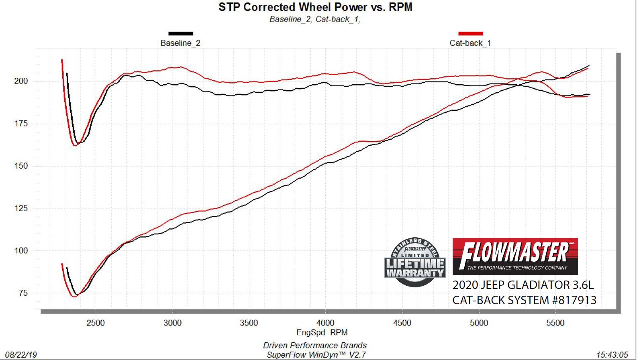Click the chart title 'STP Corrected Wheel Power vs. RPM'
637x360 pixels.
click(315, 7)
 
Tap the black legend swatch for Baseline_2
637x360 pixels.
click(180, 34)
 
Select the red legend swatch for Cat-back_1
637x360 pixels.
click(470, 34)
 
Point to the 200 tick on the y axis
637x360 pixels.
click(21, 81)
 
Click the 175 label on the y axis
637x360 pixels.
click(21, 124)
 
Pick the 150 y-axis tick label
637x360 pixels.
click(21, 166)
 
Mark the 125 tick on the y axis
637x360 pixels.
click(21, 208)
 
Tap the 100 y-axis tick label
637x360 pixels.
click(21, 251)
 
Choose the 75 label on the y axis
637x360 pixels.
click(23, 293)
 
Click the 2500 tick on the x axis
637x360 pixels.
click(96, 323)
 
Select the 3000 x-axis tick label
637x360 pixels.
click(172, 323)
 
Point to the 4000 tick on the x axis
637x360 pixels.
click(325, 323)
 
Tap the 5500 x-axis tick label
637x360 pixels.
click(555, 323)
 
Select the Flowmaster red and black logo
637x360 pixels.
click(515, 256)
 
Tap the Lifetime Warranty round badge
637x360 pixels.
click(415, 262)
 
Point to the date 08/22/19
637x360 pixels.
click(21, 355)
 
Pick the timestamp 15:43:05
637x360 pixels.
click(612, 355)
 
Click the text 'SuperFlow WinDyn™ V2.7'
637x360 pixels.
click(316, 355)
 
